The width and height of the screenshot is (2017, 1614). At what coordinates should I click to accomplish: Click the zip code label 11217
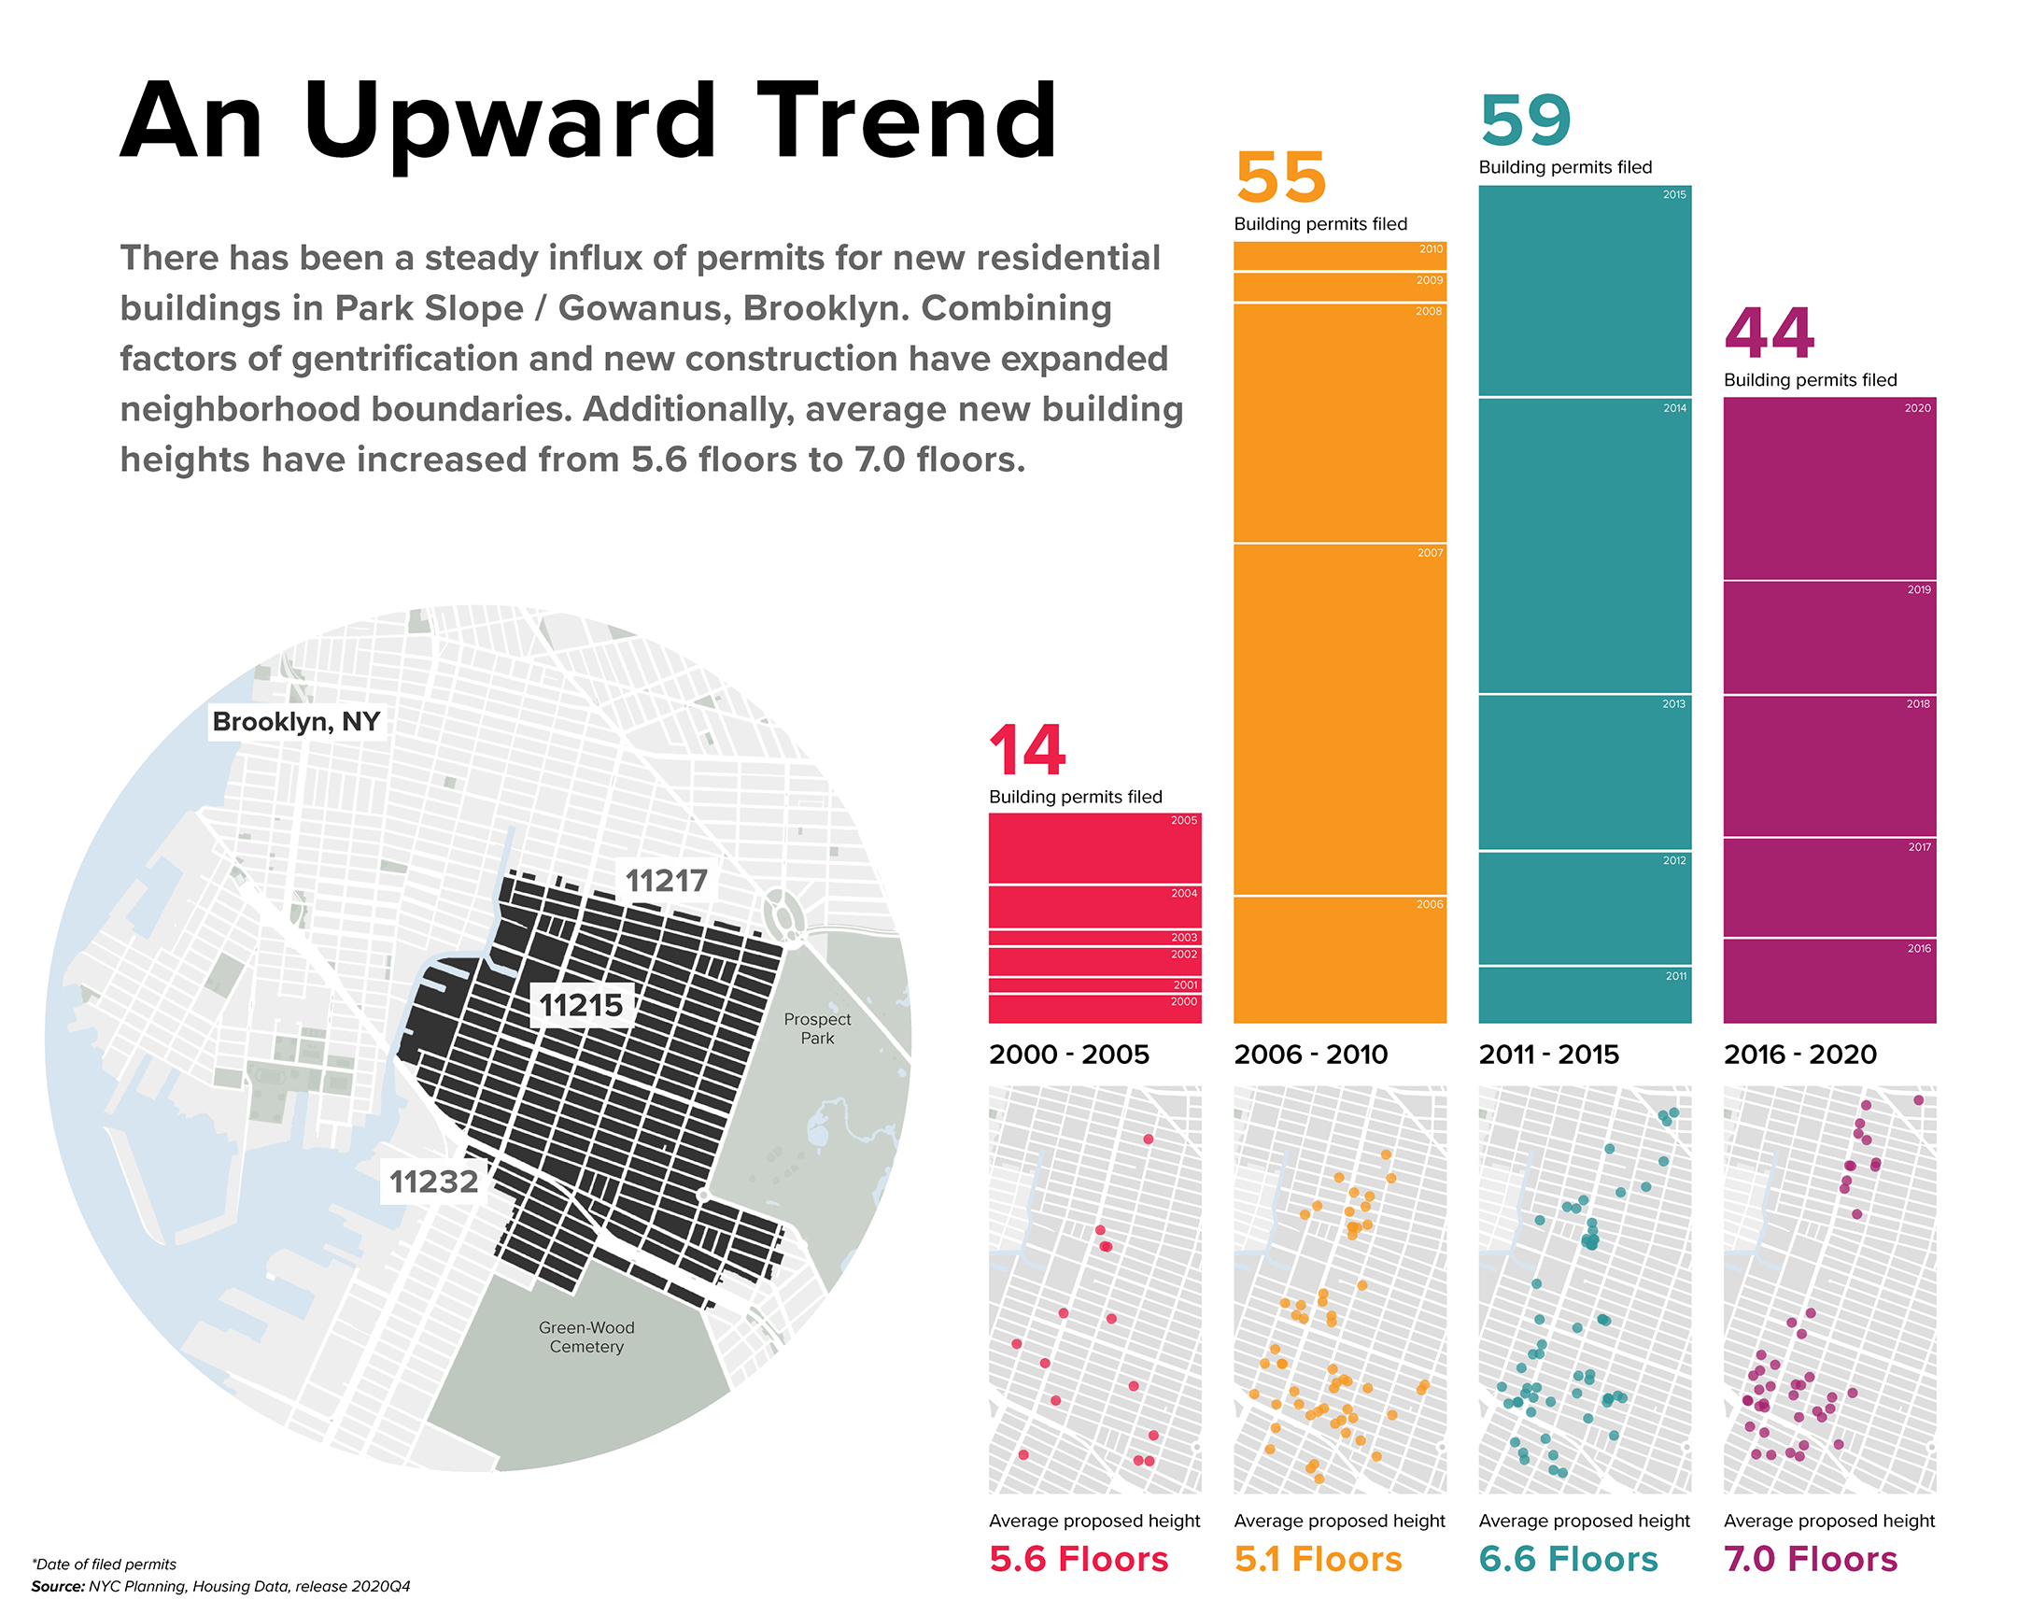click(x=666, y=882)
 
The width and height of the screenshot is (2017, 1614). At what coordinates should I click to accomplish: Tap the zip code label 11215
click(x=581, y=1006)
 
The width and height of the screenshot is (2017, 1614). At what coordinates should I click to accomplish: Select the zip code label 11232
click(x=433, y=1182)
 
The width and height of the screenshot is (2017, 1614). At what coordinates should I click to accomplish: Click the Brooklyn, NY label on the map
click(x=296, y=722)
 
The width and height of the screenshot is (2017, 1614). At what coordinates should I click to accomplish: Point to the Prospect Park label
click(x=817, y=1029)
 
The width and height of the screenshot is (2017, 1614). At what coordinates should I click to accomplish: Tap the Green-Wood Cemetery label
click(x=586, y=1338)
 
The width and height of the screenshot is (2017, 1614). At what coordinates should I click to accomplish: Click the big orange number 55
click(x=1281, y=178)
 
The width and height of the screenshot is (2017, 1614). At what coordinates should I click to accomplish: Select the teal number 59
click(x=1525, y=122)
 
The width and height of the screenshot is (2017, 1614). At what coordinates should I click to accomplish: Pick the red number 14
click(x=1027, y=751)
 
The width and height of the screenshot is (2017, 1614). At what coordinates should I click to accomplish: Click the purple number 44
click(x=1770, y=334)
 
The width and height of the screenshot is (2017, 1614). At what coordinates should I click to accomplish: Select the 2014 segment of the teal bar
click(x=1585, y=546)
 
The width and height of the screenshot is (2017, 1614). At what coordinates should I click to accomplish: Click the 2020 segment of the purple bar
click(x=1830, y=489)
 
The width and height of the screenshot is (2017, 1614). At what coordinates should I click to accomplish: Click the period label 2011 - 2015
click(x=1549, y=1055)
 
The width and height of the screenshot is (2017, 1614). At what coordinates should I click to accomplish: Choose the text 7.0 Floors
click(x=1812, y=1560)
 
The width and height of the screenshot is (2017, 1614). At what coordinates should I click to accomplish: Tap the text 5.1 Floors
click(x=1319, y=1560)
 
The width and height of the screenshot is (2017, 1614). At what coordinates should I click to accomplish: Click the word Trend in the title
click(x=907, y=121)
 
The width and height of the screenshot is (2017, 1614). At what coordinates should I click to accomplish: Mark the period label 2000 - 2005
click(x=1069, y=1055)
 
